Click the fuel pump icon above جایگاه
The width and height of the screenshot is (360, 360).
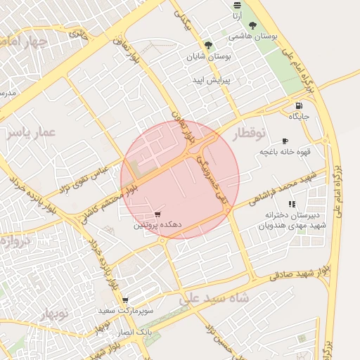[298, 106]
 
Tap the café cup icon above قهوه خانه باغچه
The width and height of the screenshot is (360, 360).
[285, 141]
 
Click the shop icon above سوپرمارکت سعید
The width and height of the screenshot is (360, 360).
[124, 300]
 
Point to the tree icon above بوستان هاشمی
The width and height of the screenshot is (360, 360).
[252, 25]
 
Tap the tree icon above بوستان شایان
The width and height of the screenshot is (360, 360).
[208, 44]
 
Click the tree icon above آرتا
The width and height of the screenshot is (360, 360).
[237, 4]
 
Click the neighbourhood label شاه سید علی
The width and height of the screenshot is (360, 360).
[214, 298]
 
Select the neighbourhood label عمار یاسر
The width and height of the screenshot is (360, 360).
[32, 134]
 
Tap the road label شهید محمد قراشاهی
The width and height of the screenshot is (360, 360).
[281, 188]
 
